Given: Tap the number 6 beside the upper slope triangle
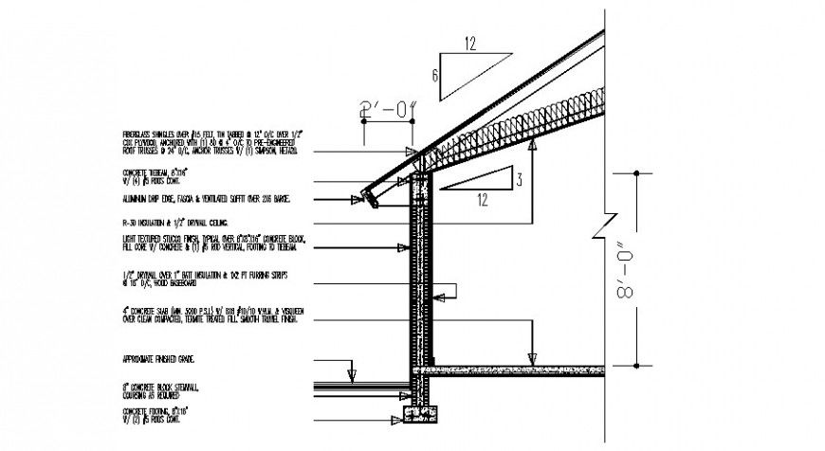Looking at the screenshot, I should click(434, 76).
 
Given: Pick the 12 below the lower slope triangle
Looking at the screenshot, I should click(484, 200).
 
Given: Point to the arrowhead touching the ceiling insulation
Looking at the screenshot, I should click(533, 143).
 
